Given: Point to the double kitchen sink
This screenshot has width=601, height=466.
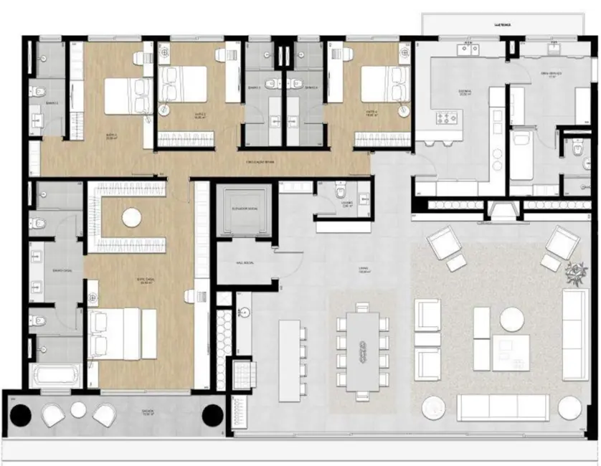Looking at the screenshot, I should (470, 48).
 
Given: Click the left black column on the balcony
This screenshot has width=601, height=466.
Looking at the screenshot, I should (21, 414).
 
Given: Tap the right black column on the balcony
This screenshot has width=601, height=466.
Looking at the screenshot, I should (212, 414).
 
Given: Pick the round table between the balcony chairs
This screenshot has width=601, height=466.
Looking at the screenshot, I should (78, 410).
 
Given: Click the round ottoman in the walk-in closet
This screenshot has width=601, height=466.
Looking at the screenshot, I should (131, 217).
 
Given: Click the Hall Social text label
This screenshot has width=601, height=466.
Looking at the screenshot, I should (245, 263).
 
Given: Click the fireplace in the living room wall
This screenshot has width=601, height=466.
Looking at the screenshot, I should (503, 209).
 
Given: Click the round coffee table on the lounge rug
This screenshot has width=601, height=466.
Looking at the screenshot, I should (512, 318).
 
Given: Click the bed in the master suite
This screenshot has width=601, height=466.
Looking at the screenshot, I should (122, 333).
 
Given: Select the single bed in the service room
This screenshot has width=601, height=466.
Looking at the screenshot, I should (521, 154).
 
